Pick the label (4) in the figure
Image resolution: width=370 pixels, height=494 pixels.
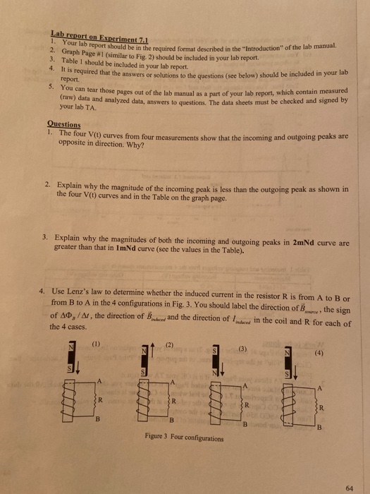click(319, 351)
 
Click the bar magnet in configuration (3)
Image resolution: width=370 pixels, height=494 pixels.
click(218, 361)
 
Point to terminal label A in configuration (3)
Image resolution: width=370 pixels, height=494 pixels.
click(245, 386)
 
